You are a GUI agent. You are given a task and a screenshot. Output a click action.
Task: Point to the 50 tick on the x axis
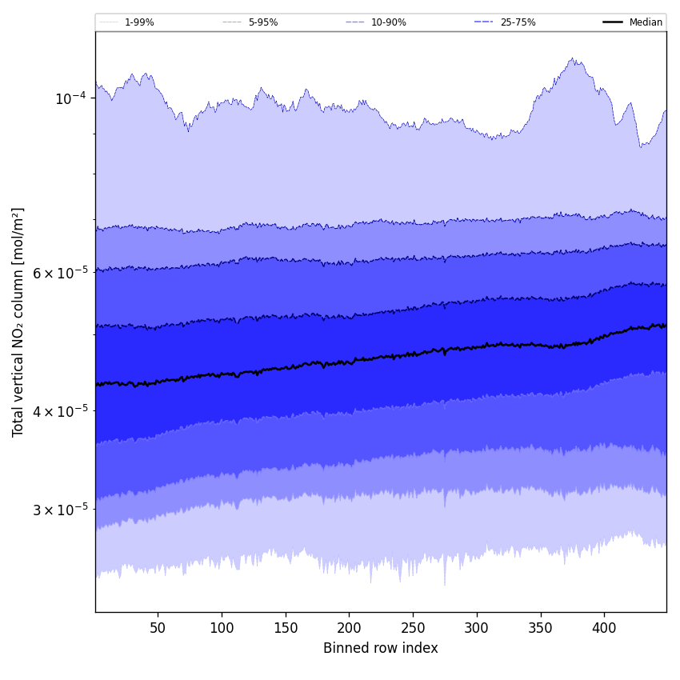tap(158, 628)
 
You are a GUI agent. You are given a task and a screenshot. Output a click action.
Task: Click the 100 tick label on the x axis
tap(222, 628)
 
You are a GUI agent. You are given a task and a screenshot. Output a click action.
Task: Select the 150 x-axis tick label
tap(286, 628)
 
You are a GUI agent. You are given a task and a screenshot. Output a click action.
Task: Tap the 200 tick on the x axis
tap(349, 628)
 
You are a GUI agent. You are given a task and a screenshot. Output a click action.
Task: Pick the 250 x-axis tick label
tap(413, 628)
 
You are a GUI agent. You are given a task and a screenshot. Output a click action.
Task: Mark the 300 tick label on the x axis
tap(477, 628)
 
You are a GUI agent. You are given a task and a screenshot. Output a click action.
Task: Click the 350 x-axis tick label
tap(541, 628)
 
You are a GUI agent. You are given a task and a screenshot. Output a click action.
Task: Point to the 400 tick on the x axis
tap(604, 628)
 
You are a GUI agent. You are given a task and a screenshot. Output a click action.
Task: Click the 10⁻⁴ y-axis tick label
tap(70, 98)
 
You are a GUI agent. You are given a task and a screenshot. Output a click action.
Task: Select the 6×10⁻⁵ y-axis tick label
tap(60, 273)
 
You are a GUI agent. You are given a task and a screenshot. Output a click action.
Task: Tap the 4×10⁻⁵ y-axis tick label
tap(60, 411)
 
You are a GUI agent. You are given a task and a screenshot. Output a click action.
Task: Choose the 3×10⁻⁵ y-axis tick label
tap(60, 510)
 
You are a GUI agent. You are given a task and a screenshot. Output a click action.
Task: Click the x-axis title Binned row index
tap(381, 648)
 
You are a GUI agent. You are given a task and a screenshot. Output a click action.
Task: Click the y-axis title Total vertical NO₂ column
tap(18, 322)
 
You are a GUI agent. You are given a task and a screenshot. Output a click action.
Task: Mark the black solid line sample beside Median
tap(613, 22)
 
